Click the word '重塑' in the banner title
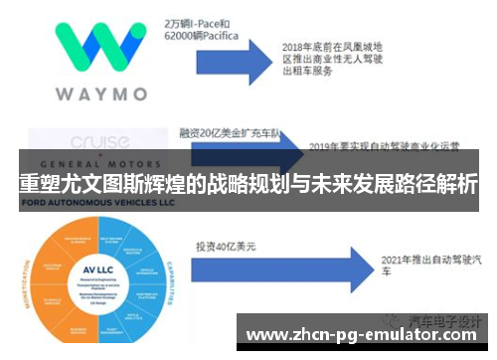(39, 184)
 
